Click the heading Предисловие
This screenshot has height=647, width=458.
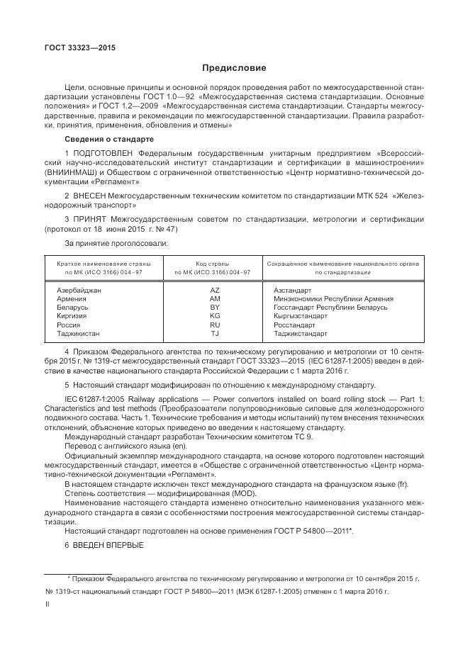click(x=234, y=68)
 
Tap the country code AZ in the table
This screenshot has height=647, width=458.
click(x=216, y=291)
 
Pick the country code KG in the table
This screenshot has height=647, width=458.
click(x=216, y=316)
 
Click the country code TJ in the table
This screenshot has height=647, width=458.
click(x=216, y=333)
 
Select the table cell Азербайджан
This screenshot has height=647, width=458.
click(x=79, y=291)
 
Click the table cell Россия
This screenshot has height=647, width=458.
click(x=68, y=325)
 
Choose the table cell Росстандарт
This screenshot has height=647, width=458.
click(x=295, y=325)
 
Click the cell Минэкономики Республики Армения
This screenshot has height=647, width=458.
click(x=328, y=299)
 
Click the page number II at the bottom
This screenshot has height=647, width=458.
click(x=48, y=605)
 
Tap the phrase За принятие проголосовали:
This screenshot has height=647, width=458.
click(x=116, y=243)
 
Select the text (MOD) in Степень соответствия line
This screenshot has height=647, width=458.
click(x=246, y=493)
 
